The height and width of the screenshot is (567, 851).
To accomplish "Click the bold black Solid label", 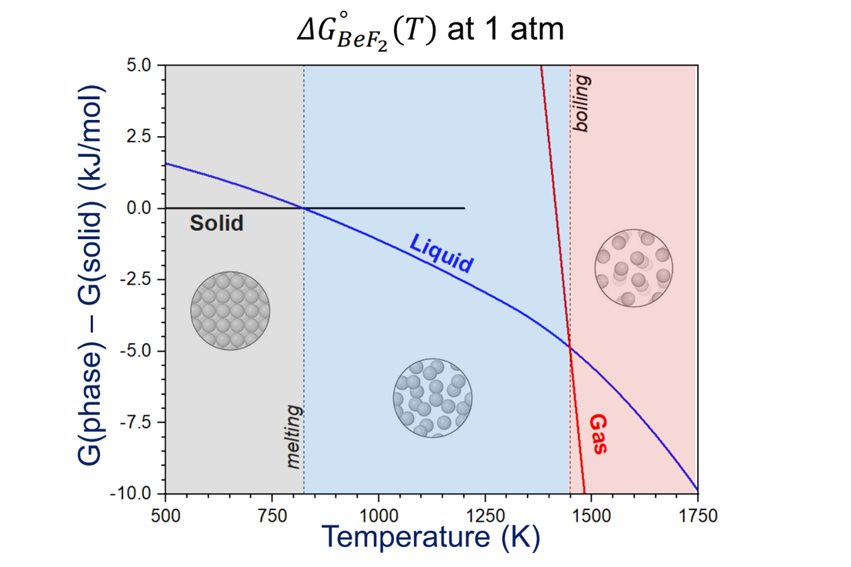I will pos(216,224).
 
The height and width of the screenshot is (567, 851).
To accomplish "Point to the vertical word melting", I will pos(293,438).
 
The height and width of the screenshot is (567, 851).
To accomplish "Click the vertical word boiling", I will pos(581,105).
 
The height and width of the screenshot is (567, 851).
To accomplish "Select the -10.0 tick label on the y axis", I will pos(134,493).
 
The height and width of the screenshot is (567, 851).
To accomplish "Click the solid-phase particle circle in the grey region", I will pos(230,311).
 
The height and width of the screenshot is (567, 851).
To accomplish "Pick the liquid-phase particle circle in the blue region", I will pos(432,398).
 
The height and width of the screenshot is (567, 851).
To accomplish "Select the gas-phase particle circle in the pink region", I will pos(634,268).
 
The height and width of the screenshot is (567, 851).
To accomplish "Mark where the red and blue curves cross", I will pos(570,347).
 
